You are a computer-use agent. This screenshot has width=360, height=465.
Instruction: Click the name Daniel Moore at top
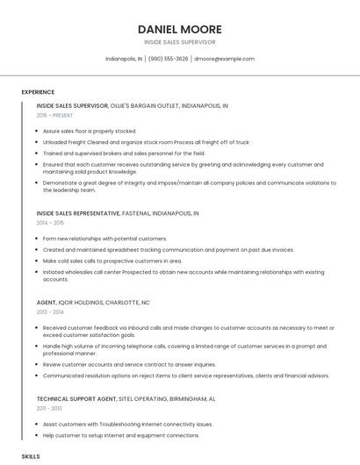(180, 29)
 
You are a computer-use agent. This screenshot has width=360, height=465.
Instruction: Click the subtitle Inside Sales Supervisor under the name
(180, 42)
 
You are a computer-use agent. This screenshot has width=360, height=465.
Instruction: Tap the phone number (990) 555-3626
(168, 59)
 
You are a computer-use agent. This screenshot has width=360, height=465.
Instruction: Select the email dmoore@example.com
(224, 59)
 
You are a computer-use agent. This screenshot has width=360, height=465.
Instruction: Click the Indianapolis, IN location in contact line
(123, 59)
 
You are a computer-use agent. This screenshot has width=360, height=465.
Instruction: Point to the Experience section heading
(38, 92)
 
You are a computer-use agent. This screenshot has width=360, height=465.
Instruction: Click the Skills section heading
(31, 457)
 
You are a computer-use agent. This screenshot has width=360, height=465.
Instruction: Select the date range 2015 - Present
(56, 115)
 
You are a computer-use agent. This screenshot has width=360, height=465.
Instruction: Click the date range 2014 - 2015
(50, 223)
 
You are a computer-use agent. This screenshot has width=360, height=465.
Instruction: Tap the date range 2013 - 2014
(50, 311)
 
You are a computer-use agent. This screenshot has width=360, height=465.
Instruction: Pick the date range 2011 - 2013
(49, 408)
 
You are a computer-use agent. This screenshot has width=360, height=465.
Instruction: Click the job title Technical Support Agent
(77, 398)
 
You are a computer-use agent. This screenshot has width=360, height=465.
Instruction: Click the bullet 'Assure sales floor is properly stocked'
(90, 131)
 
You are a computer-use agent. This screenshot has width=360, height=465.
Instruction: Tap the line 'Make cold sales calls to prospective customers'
(112, 261)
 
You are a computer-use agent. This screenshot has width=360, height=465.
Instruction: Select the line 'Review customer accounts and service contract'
(129, 364)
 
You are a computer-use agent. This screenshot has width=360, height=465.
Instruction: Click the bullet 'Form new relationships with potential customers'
(104, 239)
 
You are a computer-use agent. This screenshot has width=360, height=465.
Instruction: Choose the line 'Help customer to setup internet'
(121, 435)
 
